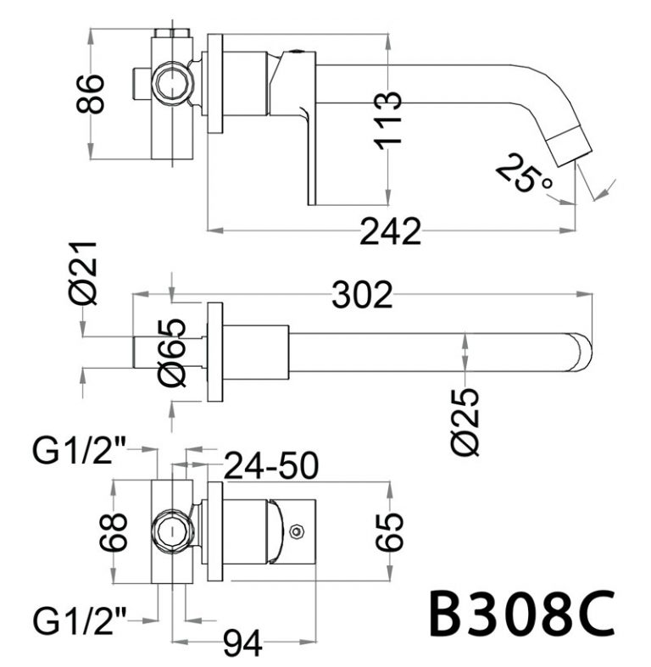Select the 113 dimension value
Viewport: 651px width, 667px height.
pyautogui.click(x=387, y=120)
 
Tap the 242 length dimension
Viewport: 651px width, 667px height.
pyautogui.click(x=390, y=231)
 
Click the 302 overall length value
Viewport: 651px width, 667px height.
pyautogui.click(x=363, y=295)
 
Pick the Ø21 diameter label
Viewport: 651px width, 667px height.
pyautogui.click(x=85, y=273)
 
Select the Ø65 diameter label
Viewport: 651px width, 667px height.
pyautogui.click(x=171, y=353)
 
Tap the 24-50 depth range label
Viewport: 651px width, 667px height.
pyautogui.click(x=270, y=464)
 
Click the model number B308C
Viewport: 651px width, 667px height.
pyautogui.click(x=520, y=614)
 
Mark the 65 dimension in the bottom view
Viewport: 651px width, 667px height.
pyautogui.click(x=390, y=532)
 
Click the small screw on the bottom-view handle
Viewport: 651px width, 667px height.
pyautogui.click(x=295, y=532)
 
